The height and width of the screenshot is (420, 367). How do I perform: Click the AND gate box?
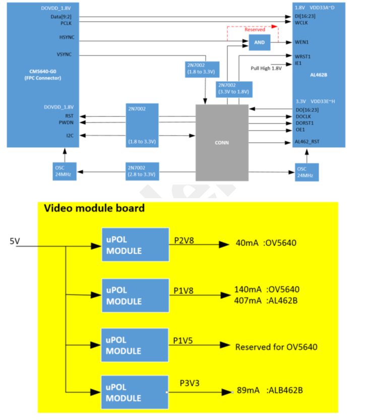click(x=260, y=43)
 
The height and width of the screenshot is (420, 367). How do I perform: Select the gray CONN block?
click(x=222, y=142)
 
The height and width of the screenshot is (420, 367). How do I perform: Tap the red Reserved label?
click(x=255, y=30)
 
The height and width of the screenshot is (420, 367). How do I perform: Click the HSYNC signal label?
click(x=67, y=38)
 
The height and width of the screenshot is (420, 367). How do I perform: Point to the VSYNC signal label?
click(x=66, y=54)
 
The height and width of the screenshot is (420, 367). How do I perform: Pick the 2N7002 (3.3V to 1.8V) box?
click(x=234, y=89)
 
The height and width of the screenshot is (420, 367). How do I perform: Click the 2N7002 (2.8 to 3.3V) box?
click(x=143, y=171)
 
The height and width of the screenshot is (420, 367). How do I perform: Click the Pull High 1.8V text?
click(x=266, y=68)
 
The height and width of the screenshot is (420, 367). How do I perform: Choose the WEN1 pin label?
click(x=302, y=43)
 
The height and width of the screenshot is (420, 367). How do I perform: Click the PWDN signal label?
click(x=67, y=122)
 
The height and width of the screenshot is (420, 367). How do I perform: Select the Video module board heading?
click(x=94, y=208)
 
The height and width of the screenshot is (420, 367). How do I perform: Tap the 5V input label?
click(x=16, y=242)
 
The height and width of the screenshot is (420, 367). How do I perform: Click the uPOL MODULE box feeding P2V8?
click(x=135, y=245)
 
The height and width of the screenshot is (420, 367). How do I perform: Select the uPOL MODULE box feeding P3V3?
click(x=135, y=393)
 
